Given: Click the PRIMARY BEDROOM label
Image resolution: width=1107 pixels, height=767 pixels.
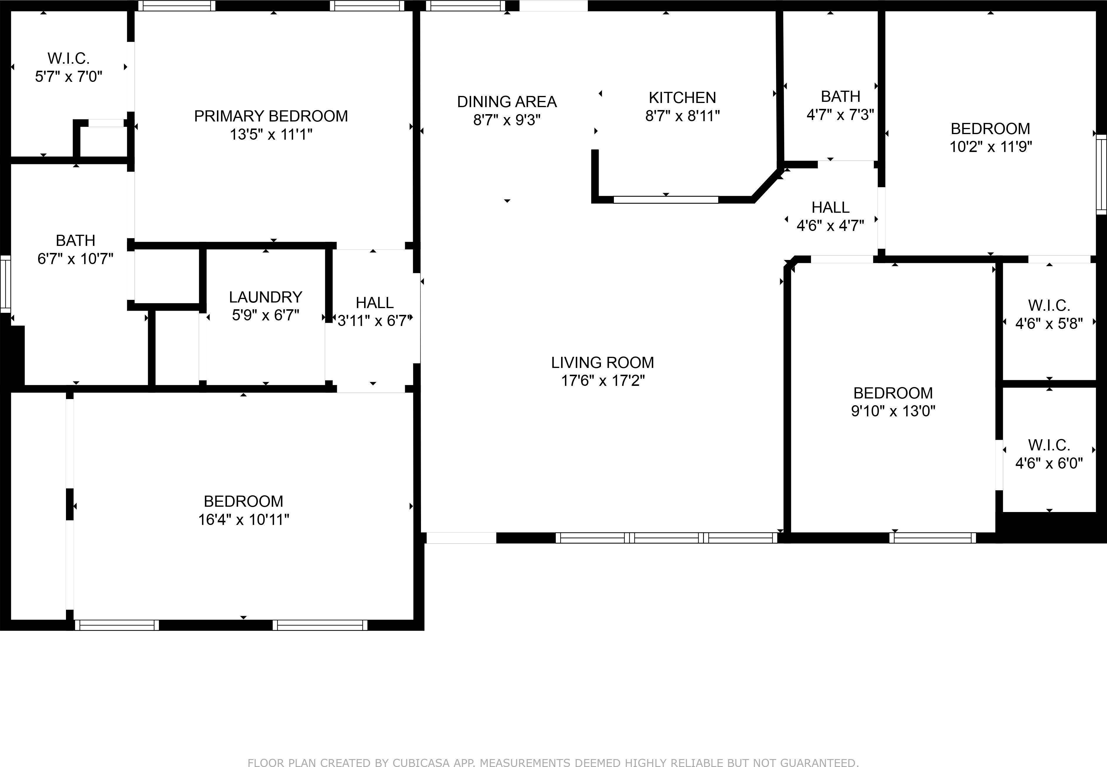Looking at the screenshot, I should tap(271, 116).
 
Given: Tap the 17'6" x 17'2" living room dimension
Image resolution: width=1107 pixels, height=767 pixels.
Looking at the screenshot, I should tap(602, 381).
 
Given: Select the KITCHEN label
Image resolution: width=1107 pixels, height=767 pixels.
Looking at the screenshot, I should tap(682, 97).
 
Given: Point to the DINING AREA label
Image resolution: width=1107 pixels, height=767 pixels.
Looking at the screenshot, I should tap(507, 102).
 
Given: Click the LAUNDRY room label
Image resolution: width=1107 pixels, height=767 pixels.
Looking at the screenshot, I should tap(266, 297).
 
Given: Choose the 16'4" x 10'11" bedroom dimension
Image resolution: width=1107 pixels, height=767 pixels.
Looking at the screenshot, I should tap(243, 520).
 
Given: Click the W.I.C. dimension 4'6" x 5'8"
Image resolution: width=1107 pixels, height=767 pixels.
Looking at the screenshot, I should tap(1049, 324).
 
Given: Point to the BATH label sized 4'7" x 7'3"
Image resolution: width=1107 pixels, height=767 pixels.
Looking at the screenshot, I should tap(840, 96).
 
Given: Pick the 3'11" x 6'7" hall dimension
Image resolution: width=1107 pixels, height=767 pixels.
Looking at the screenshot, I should tap(374, 320).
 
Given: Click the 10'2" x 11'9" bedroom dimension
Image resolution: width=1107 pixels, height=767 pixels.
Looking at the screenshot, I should tap(990, 147).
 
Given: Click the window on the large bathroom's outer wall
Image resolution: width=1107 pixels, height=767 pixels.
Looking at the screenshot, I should tap(5, 283).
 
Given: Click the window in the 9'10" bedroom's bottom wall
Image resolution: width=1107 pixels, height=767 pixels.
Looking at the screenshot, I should tap(932, 538).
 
